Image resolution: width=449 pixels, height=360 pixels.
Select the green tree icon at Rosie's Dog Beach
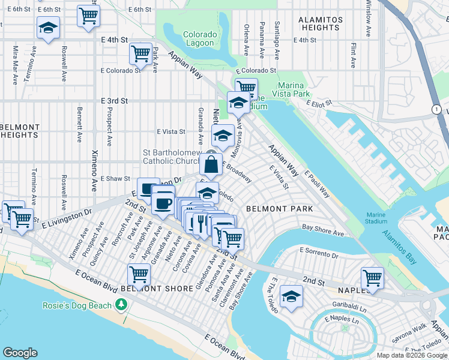click(x=122, y=305)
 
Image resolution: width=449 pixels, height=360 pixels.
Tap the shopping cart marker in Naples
click(x=372, y=278)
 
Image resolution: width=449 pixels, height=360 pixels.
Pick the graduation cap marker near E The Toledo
click(x=291, y=296)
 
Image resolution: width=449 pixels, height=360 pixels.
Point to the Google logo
click(x=20, y=352)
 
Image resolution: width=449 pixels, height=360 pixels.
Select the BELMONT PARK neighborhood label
click(x=279, y=209)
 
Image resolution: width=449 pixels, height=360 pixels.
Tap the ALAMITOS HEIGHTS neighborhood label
click(x=321, y=23)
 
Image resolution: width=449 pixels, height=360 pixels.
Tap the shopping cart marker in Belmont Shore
click(x=139, y=275)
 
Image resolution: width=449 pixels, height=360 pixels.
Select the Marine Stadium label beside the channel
click(x=376, y=217)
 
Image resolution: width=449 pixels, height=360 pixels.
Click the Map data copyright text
click(x=411, y=355)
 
